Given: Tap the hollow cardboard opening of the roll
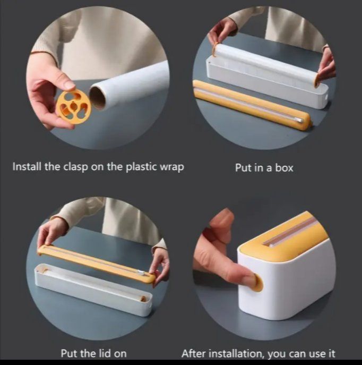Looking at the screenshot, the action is coord(97,97).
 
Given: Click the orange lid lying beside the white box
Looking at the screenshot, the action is coord(252,105).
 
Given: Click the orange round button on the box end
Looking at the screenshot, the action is coord(258,283).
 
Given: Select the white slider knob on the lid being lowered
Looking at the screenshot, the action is coord(141,273).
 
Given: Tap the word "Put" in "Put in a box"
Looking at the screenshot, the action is coord(243,167).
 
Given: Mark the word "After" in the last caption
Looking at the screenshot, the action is coord(194,353).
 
